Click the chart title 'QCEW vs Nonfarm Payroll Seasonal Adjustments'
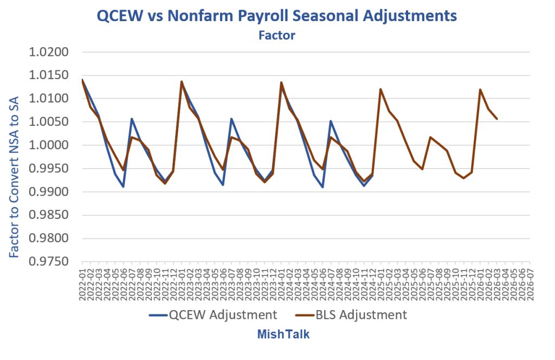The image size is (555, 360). click(x=276, y=16)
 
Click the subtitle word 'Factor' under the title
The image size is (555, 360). click(x=277, y=35)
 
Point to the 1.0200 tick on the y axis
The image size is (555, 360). click(x=48, y=52)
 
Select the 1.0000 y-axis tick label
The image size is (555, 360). click(x=48, y=145)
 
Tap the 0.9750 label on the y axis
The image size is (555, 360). click(x=48, y=261)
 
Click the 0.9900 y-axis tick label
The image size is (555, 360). click(x=48, y=192)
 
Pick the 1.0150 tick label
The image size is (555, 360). click(x=48, y=75)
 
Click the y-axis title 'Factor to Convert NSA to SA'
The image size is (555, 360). click(x=14, y=177)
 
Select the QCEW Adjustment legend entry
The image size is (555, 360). click(x=213, y=314)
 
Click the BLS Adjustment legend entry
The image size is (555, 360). click(x=351, y=314)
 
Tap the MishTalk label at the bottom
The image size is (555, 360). click(x=283, y=334)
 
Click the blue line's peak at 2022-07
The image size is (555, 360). click(x=132, y=119)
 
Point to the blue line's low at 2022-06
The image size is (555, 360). click(x=123, y=187)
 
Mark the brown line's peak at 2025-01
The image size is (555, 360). click(x=380, y=89)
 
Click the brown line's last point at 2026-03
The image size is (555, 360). click(x=497, y=119)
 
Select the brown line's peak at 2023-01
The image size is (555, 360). click(x=182, y=81)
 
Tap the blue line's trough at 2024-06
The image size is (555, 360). click(x=322, y=187)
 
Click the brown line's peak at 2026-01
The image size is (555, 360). click(x=480, y=89)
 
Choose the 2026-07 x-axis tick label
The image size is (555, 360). click(x=530, y=284)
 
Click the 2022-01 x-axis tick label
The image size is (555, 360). click(x=82, y=284)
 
